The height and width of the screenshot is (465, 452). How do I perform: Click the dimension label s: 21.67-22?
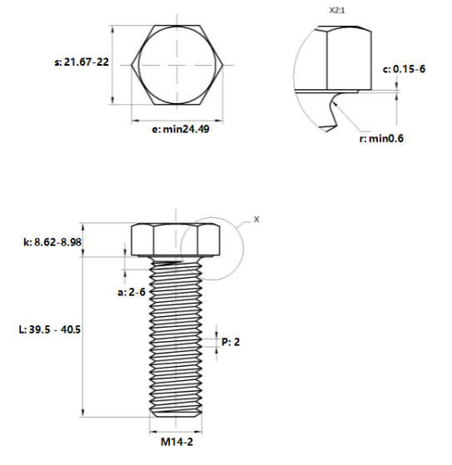pos(81,62)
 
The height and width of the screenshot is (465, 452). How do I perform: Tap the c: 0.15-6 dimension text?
pos(404,68)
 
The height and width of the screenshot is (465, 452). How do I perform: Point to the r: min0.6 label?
pos(381,138)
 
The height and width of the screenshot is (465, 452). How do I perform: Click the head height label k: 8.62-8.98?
pos(55,242)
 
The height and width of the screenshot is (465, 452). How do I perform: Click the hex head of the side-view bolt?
pos(175,240)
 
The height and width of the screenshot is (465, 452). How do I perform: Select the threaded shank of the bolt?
pos(175,333)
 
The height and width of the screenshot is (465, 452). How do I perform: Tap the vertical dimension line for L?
pos(82,333)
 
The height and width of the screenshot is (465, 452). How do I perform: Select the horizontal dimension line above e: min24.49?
pos(175,118)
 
